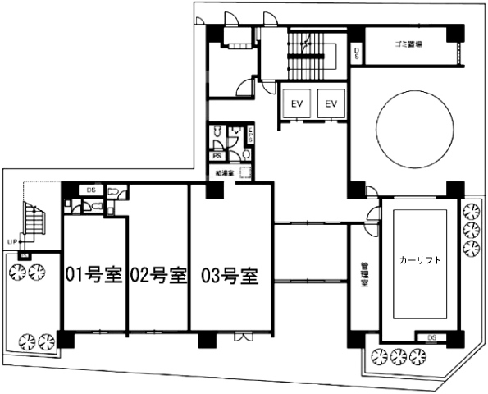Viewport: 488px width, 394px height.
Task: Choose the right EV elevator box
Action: tap(331, 104)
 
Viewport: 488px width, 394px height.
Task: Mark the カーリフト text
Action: tap(420, 260)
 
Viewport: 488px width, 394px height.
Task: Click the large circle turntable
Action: tap(415, 129)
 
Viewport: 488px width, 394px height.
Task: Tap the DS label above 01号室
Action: tap(91, 190)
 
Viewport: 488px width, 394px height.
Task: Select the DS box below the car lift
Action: tap(431, 337)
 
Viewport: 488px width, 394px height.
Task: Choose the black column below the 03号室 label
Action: tap(206, 338)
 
